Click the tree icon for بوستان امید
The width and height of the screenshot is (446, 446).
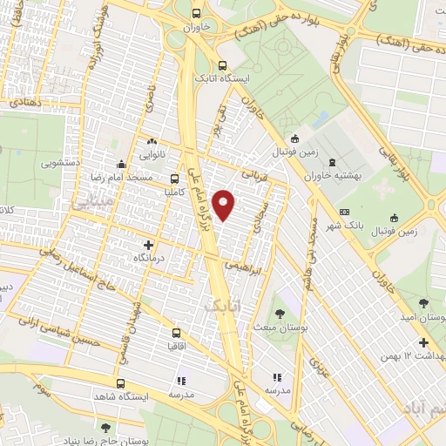click(x=423, y=303)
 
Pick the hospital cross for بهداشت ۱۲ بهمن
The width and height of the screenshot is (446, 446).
click(x=424, y=342)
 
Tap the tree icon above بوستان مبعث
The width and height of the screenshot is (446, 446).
click(x=281, y=312)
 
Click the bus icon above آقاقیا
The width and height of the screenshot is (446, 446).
click(x=178, y=332)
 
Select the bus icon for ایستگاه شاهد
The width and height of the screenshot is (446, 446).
click(x=120, y=383)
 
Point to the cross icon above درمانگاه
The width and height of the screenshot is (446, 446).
click(x=148, y=246)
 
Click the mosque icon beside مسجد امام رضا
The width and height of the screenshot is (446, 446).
click(x=120, y=165)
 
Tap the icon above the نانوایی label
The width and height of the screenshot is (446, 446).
click(x=153, y=140)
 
